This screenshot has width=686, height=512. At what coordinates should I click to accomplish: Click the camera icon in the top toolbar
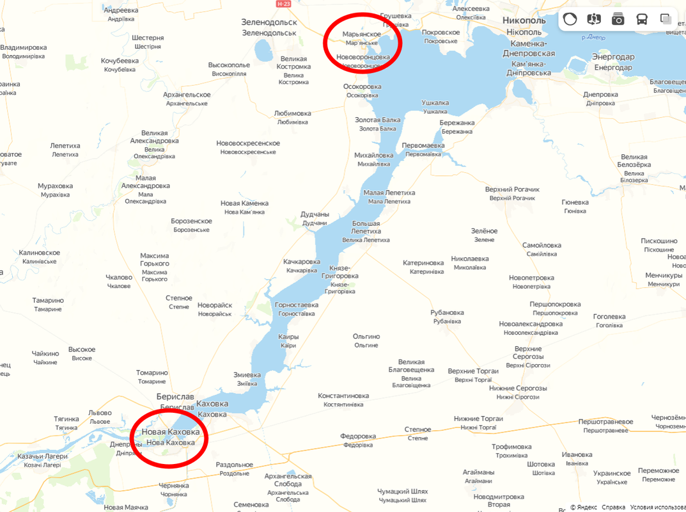tap(618, 19)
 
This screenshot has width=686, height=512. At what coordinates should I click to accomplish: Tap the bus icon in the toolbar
tap(641, 19)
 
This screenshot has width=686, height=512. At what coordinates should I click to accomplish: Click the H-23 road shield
tap(284, 4)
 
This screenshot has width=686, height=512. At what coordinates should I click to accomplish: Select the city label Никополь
tap(524, 20)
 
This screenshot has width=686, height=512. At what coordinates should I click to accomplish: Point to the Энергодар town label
tap(613, 57)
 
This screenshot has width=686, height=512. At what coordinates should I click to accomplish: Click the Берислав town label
tap(176, 397)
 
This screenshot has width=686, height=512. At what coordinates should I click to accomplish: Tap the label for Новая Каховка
tap(171, 432)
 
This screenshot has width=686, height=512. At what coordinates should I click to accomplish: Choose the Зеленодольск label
tap(269, 22)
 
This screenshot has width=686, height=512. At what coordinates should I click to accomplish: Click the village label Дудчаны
tap(315, 214)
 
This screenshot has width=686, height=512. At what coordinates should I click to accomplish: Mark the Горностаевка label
tap(297, 305)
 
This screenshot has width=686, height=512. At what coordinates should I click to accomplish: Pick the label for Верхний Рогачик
tap(512, 189)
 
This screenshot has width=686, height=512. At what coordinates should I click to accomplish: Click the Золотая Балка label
tap(378, 120)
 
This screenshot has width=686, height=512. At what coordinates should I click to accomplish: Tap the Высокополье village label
tap(229, 65)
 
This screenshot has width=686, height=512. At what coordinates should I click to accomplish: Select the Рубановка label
tap(447, 313)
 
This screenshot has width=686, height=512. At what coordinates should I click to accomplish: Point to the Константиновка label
tap(343, 396)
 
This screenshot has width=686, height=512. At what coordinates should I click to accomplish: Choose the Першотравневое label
tap(605, 422)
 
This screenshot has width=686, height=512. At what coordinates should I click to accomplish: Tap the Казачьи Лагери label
tap(43, 456)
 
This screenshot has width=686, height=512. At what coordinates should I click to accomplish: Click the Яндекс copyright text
tap(584, 507)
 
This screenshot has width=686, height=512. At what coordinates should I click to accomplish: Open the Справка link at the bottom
tap(613, 507)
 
